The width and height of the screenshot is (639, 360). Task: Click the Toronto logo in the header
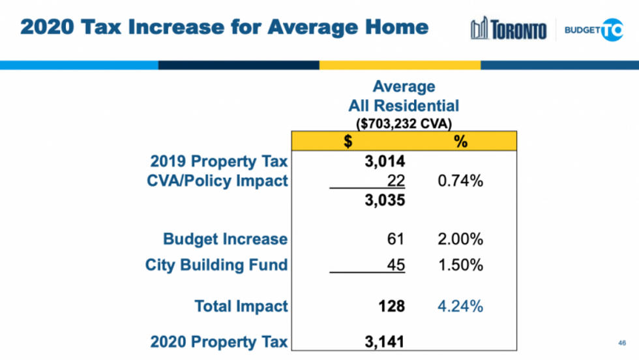click(509, 29)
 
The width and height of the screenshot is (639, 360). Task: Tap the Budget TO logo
click(593, 29)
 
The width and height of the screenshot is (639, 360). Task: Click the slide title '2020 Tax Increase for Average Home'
click(224, 27)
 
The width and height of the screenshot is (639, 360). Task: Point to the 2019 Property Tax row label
click(219, 161)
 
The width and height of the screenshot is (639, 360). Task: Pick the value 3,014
click(385, 161)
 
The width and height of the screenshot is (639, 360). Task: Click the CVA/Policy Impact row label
click(218, 181)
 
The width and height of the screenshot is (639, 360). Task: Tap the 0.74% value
click(460, 181)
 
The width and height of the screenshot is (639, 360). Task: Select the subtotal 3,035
click(385, 200)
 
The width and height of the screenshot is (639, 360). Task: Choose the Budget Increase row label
click(225, 239)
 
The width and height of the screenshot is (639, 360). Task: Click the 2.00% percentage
click(460, 239)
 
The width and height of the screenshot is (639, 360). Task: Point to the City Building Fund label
click(216, 265)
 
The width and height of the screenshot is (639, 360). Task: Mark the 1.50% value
click(460, 265)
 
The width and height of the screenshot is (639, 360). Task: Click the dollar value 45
click(395, 265)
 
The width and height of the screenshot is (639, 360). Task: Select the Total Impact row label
click(241, 306)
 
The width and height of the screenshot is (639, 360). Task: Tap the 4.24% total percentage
click(460, 306)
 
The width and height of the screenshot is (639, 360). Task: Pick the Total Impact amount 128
click(392, 306)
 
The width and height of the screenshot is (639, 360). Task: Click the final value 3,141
click(385, 341)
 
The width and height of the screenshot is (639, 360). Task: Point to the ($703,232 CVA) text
click(404, 122)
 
